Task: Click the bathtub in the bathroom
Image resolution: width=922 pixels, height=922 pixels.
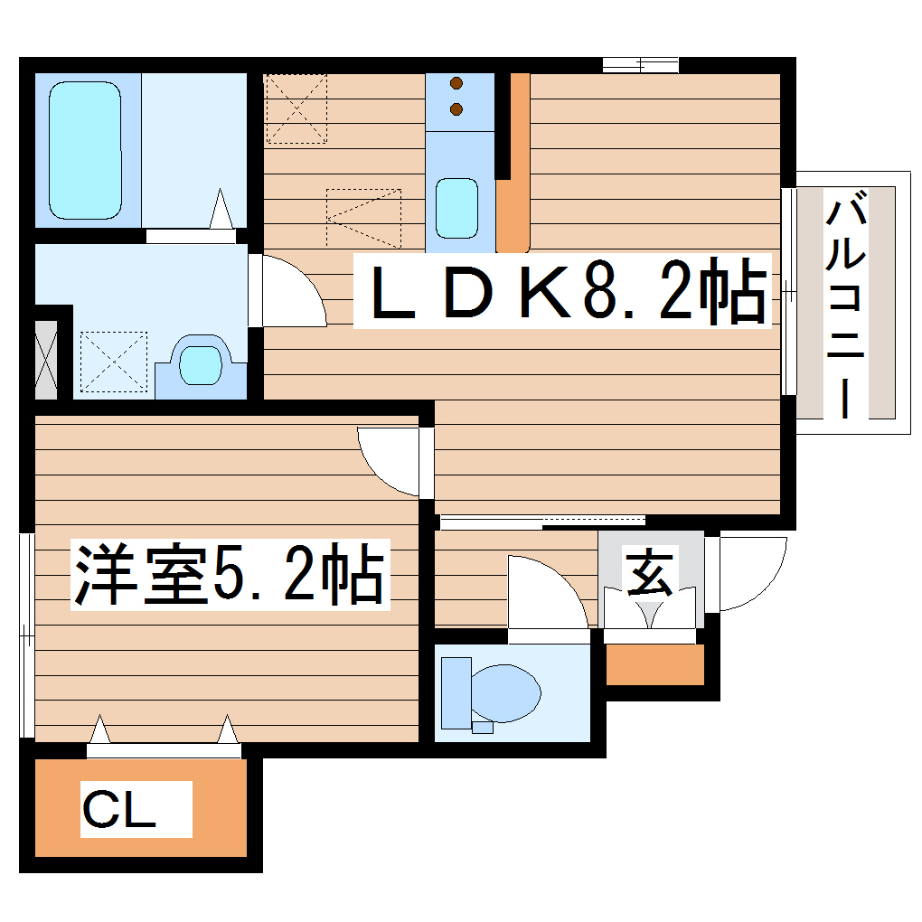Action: point(85,150)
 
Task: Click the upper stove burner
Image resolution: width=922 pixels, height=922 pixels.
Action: point(456,85)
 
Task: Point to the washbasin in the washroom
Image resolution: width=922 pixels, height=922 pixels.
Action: point(200,365)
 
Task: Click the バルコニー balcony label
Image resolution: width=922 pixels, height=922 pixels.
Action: point(846,307)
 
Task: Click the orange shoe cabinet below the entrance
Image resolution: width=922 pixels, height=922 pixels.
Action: point(654,665)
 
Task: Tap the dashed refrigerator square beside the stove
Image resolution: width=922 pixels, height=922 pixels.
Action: point(296,108)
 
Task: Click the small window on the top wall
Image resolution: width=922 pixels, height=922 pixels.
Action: point(640,64)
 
